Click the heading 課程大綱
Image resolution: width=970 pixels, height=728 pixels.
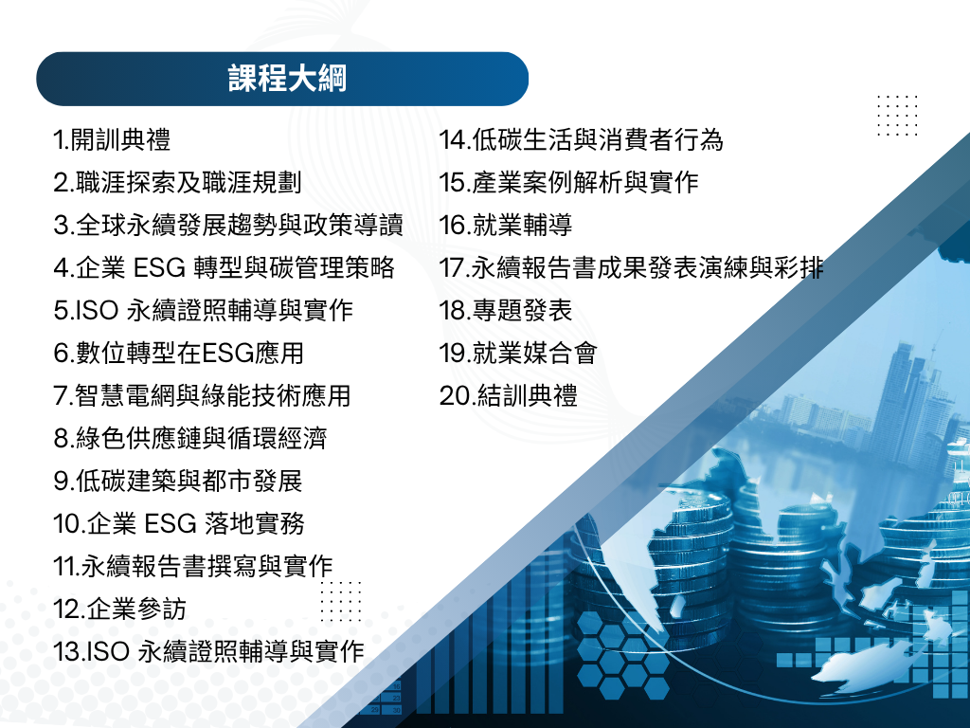pyautogui.click(x=288, y=79)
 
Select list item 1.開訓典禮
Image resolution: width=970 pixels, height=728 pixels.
pyautogui.click(x=112, y=139)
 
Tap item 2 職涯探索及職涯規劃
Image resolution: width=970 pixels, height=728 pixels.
pyautogui.click(x=177, y=182)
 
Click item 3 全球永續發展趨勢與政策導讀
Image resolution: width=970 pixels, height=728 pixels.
pyautogui.click(x=228, y=225)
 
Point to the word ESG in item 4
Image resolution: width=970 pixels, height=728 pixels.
pyautogui.click(x=159, y=267)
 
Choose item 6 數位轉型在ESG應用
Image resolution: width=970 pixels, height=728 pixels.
pyautogui.click(x=179, y=353)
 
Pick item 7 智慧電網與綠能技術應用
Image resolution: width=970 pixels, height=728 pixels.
pyautogui.click(x=203, y=395)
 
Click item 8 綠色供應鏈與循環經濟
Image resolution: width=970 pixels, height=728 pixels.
pyautogui.click(x=189, y=438)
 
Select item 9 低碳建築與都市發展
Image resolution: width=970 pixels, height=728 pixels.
pyautogui.click(x=177, y=481)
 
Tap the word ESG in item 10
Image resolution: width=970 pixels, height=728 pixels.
pyautogui.click(x=171, y=523)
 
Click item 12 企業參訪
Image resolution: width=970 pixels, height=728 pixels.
pyautogui.click(x=119, y=610)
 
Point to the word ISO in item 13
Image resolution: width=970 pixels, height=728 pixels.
pyautogui.click(x=108, y=652)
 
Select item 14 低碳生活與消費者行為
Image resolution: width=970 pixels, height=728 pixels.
pyautogui.click(x=582, y=139)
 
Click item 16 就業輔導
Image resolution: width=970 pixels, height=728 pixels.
pyautogui.click(x=506, y=225)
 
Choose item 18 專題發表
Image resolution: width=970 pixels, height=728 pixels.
pyautogui.click(x=506, y=310)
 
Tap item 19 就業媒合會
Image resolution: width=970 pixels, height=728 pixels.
pyautogui.click(x=518, y=353)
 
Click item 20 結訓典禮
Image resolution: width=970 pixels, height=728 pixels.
pyautogui.click(x=509, y=395)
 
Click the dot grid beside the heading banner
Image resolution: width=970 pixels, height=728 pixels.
pyautogui.click(x=897, y=115)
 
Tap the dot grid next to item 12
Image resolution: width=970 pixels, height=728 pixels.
pyautogui.click(x=341, y=601)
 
